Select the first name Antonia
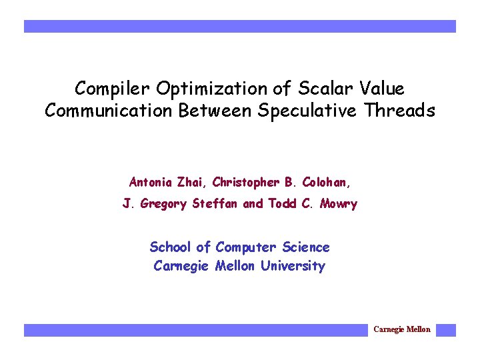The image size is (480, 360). pyautogui.click(x=151, y=182)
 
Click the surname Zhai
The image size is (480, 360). pyautogui.click(x=191, y=182)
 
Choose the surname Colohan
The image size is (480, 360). pyautogui.click(x=327, y=182)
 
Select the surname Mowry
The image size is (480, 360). pyautogui.click(x=338, y=204)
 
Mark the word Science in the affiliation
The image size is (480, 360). pyautogui.click(x=306, y=247)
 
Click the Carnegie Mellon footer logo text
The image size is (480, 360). pyautogui.click(x=402, y=329)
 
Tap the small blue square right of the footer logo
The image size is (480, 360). pyautogui.click(x=446, y=330)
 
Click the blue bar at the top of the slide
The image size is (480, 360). pyautogui.click(x=240, y=26)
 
